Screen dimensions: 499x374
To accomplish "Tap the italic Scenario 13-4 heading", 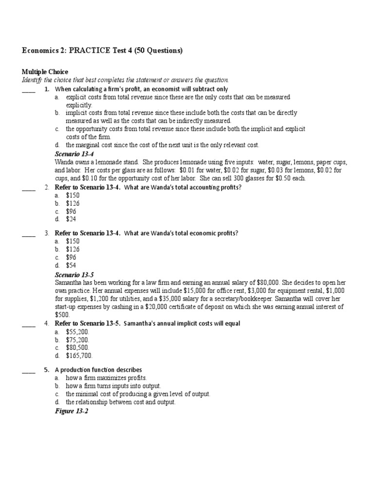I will coord(74,154).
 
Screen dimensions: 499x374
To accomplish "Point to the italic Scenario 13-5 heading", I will coord(74,275).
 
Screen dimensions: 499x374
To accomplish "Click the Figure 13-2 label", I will coord(71,411).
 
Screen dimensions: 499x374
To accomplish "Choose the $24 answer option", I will coord(71,219).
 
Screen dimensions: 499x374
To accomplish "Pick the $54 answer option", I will coord(71,265).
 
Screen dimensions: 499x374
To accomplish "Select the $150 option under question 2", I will coord(73,195).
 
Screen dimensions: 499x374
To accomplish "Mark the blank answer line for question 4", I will coord(29,324).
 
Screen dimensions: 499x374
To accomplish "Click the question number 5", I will coord(46,370).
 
